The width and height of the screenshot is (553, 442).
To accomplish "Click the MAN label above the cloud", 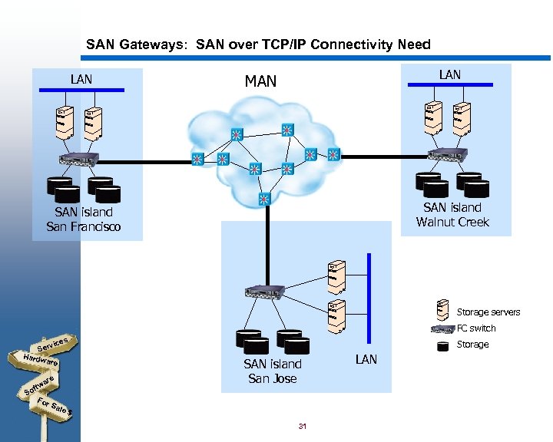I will [x=260, y=81].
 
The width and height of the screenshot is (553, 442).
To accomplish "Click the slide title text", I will [x=258, y=45].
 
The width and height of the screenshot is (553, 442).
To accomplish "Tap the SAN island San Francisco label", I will [x=84, y=219].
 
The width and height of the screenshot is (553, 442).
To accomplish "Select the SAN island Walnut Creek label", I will [x=452, y=215].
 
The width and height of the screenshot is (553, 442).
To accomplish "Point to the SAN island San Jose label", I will [x=272, y=371].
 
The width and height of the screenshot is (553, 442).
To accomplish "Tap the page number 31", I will [x=302, y=426].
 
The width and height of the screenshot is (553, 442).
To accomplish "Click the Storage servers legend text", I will [x=488, y=312].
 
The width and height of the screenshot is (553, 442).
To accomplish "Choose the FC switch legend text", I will [x=476, y=328].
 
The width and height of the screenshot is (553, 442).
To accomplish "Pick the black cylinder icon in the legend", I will [x=442, y=345].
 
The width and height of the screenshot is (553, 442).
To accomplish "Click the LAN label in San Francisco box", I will [x=81, y=79].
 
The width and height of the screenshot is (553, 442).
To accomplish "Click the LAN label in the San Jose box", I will [x=366, y=359].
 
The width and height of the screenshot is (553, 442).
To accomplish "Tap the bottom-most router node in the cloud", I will [x=265, y=199].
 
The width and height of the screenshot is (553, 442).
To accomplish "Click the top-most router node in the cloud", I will [x=287, y=130].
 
